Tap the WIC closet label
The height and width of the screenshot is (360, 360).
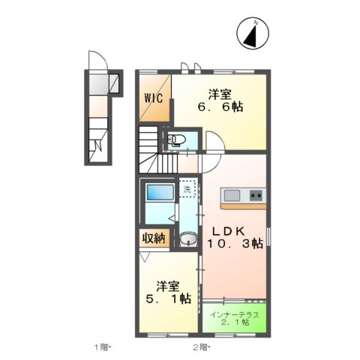click(x=153, y=97)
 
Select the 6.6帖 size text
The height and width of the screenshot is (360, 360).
click(x=220, y=108)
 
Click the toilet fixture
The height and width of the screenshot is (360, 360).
click(x=178, y=139)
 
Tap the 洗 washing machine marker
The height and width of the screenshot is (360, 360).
click(x=187, y=190)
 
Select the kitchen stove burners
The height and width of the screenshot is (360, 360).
click(x=256, y=196)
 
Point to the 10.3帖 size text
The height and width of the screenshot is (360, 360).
click(x=235, y=244)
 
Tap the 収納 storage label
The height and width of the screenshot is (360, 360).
click(x=153, y=239)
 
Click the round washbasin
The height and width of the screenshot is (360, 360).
click(x=187, y=239)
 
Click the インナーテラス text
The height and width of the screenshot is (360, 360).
click(x=235, y=313)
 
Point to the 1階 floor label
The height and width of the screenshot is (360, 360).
click(x=102, y=347)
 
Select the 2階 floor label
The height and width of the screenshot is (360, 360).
click(x=199, y=347)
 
